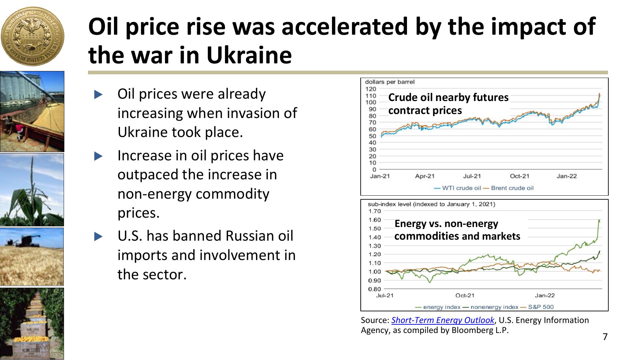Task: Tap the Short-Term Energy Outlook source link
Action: [x=443, y=320]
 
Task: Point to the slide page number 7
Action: [x=605, y=337]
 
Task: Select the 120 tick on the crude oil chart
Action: [x=371, y=89]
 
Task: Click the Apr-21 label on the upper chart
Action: [x=425, y=176]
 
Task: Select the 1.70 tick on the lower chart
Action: [x=374, y=211]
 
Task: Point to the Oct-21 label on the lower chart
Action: [x=465, y=296]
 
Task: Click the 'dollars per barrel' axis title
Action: [x=390, y=82]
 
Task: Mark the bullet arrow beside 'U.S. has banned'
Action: [x=98, y=237]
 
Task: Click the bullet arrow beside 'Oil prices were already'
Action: [x=98, y=95]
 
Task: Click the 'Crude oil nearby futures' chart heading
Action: [x=448, y=97]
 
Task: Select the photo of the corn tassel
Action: [x=32, y=190]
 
